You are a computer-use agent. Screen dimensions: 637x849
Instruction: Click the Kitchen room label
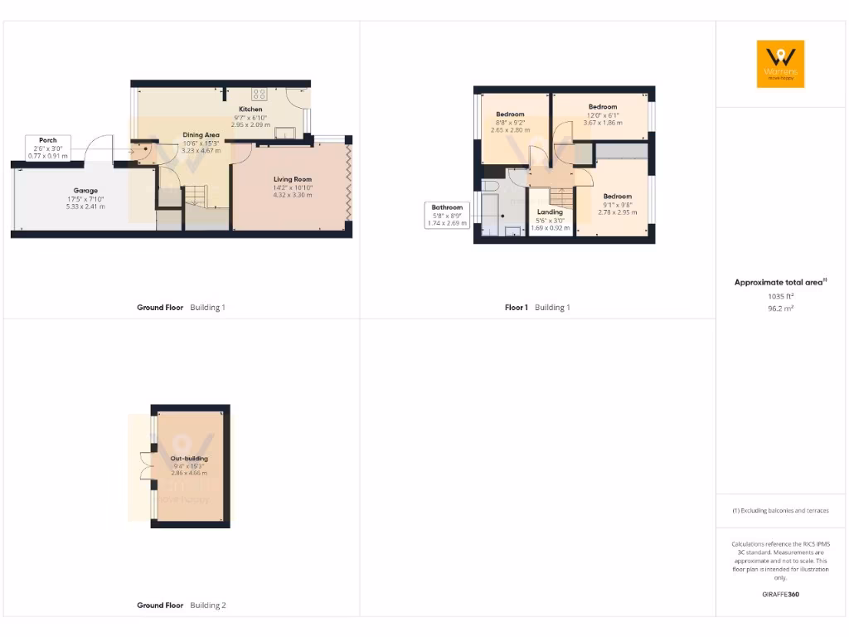(250, 109)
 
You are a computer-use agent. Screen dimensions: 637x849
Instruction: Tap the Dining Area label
(201, 135)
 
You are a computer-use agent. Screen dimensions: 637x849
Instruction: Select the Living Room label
(293, 179)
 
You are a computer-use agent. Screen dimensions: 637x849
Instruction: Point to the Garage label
(85, 191)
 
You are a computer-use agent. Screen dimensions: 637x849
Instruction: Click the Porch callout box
(48, 148)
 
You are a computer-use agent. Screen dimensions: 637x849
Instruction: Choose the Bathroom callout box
(447, 215)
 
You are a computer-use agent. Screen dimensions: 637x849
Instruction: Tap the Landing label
(550, 212)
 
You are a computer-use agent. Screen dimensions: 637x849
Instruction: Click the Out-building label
(189, 459)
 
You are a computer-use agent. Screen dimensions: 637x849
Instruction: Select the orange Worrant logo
(780, 64)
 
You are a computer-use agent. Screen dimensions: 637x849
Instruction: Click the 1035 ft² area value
(780, 295)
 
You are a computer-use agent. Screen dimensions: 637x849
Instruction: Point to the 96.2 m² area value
(780, 308)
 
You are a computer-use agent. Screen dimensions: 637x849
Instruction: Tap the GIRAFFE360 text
(780, 594)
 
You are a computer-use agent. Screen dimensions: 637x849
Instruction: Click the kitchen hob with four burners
(260, 94)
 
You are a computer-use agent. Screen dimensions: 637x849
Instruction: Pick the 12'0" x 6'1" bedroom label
(603, 107)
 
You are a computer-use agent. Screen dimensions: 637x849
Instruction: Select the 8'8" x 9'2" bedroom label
(510, 114)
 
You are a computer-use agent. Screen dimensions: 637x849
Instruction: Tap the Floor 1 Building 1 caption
(537, 307)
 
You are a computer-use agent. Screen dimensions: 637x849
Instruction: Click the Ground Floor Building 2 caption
(181, 605)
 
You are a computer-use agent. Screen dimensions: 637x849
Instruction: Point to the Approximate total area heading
(780, 282)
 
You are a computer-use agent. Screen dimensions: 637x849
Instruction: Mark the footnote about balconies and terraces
(780, 511)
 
